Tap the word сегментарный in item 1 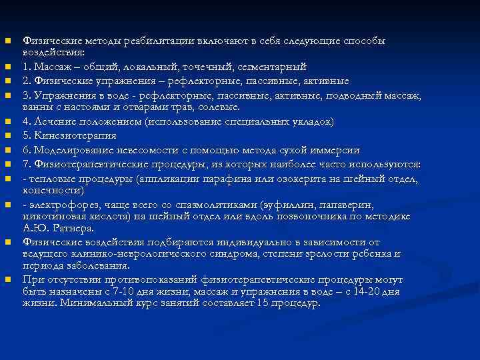(x=271, y=67)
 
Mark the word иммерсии (x=337, y=150)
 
